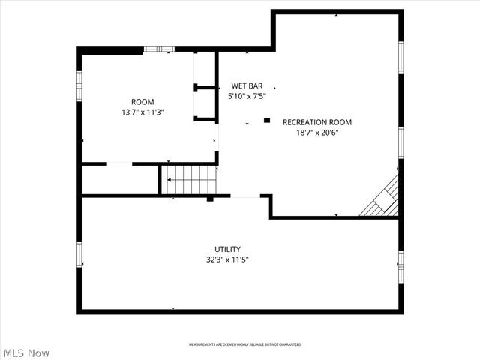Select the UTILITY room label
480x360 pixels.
coord(227,249)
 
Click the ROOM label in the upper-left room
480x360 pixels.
coord(142,102)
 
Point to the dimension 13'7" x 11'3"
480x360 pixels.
coord(142,112)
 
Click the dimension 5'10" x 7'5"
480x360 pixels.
coord(247,96)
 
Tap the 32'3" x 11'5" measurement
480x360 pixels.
coord(227,259)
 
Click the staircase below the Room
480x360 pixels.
coord(190,180)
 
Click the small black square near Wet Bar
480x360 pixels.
coord(266,119)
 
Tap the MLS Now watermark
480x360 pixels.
coord(26,352)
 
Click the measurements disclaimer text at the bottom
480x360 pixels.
coord(244,344)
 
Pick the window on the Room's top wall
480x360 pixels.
coord(159,49)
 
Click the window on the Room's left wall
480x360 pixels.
coord(79,84)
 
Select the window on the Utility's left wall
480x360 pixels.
coord(79,254)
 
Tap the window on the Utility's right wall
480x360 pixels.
coord(401,261)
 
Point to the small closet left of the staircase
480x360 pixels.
coord(119,180)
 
